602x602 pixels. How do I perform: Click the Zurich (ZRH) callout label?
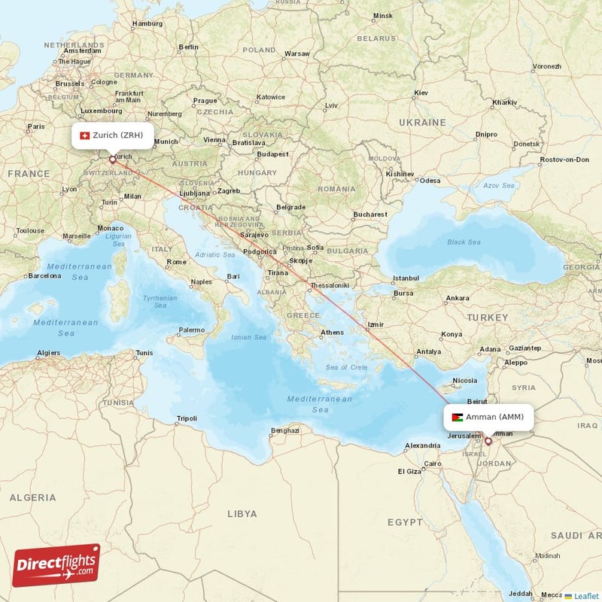coord(113,135)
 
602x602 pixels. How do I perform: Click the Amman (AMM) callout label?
coord(488,417)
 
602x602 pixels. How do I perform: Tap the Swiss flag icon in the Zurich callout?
coord(84,135)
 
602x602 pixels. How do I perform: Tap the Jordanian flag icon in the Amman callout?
coord(457,417)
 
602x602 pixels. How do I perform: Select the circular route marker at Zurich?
coord(113,159)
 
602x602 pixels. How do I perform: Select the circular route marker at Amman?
coord(488,441)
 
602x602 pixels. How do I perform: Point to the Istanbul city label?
coord(406,278)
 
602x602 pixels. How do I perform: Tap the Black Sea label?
coord(464,242)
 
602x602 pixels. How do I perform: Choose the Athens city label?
coord(332,333)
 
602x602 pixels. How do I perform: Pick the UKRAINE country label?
coord(422,122)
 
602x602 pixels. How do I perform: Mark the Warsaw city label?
coord(297,54)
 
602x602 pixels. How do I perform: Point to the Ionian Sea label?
coord(249,337)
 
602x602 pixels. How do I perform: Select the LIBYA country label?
coord(242,514)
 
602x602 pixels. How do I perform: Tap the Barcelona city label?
coord(46,276)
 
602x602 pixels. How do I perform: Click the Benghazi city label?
coord(285,430)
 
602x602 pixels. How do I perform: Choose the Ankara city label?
coord(457,298)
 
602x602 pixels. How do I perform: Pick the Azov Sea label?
coord(498,185)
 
